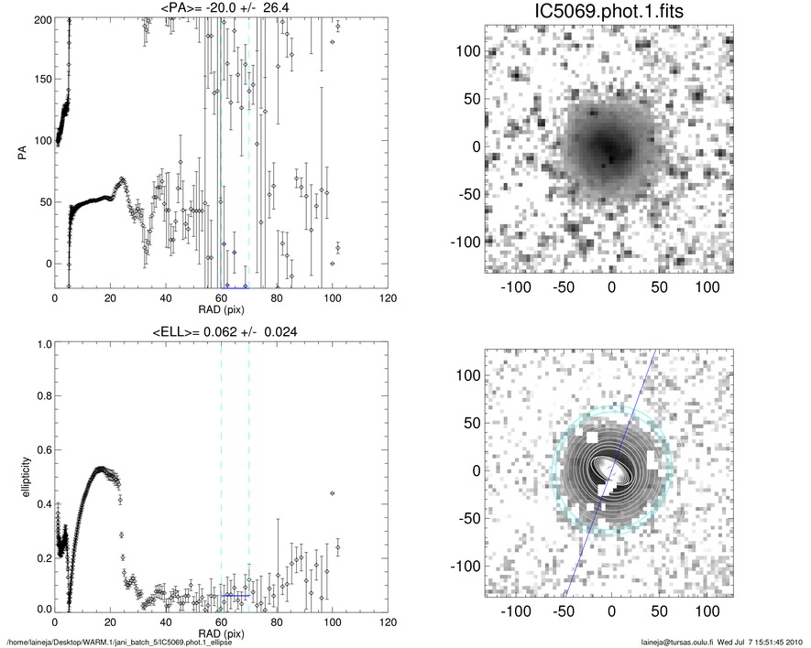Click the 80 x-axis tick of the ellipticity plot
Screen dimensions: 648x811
pyautogui.click(x=277, y=622)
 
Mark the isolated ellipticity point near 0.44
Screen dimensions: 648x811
pyautogui.click(x=332, y=493)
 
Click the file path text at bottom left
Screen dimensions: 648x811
pyautogui.click(x=119, y=643)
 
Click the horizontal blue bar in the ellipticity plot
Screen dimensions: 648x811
pyautogui.click(x=235, y=595)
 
